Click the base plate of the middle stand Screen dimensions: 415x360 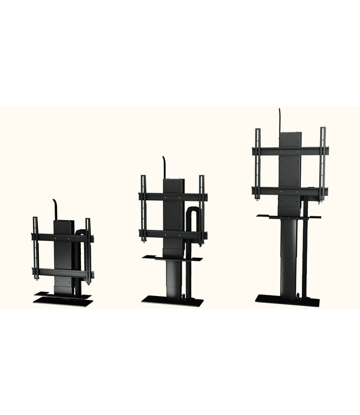(x=172, y=301)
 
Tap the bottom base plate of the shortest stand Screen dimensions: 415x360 (x=62, y=302)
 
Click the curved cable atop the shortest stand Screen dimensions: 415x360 (x=54, y=207)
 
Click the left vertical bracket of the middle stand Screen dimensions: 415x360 (x=143, y=207)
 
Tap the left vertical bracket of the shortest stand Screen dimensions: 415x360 (x=36, y=249)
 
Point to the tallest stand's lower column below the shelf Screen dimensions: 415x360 (x=287, y=255)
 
